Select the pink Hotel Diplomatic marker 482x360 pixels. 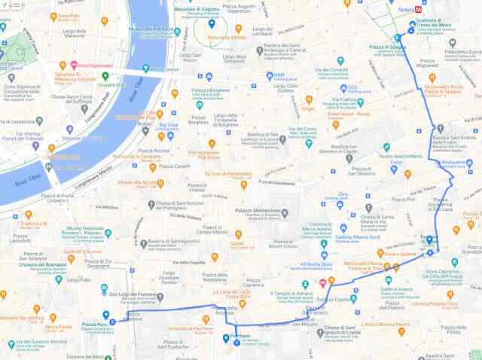coord(74,66)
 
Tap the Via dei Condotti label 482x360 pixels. coord(332,69)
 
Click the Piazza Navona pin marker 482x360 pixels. coord(105,315)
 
